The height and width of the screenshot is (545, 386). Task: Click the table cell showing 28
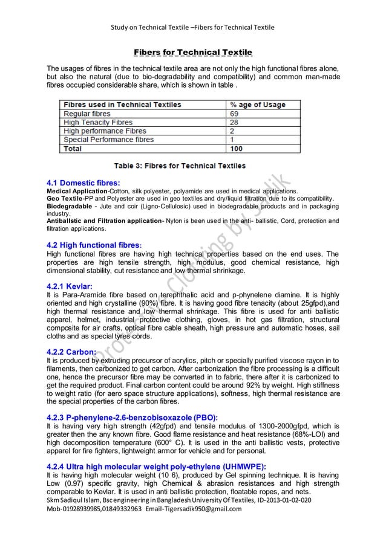tap(235, 122)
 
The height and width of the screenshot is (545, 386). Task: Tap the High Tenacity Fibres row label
tap(98, 122)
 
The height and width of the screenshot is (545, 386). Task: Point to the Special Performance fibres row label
tap(109, 140)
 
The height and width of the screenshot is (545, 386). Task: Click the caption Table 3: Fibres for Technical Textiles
tap(180, 165)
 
